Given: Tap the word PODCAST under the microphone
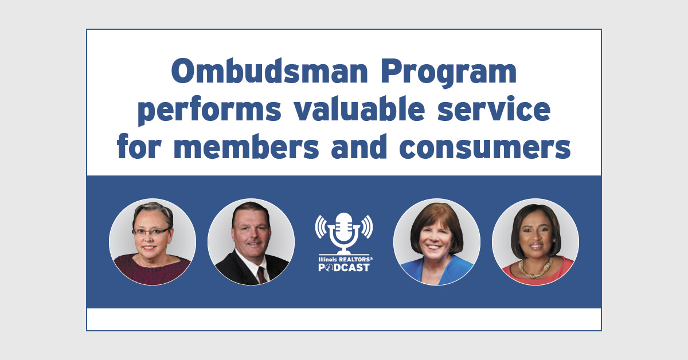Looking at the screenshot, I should (344, 267).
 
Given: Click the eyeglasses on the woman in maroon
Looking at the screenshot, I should (151, 232).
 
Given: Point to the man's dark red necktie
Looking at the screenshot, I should (261, 273).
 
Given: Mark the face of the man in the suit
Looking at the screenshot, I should (251, 235).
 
